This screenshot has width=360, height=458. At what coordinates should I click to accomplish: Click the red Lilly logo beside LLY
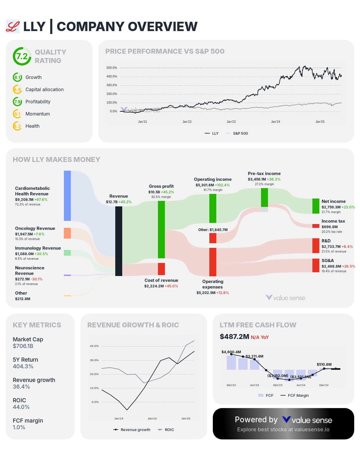click(x=13, y=26)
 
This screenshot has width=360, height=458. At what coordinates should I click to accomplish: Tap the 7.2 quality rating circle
click(x=22, y=56)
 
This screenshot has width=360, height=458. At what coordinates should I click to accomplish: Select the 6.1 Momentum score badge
click(x=17, y=114)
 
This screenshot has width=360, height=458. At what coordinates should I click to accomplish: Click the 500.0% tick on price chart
click(x=112, y=68)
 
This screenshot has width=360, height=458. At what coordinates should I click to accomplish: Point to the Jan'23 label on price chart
click(x=231, y=122)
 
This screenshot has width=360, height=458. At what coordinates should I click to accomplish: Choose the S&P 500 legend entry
click(x=240, y=134)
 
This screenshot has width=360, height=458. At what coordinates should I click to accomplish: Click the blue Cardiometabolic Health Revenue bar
click(x=67, y=196)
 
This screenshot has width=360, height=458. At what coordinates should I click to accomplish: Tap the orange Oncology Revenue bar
click(x=67, y=233)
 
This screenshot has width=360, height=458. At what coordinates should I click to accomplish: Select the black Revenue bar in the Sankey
click(x=119, y=241)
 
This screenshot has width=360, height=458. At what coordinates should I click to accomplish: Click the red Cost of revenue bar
click(x=161, y=269)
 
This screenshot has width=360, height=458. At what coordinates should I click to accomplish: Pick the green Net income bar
click(x=316, y=206)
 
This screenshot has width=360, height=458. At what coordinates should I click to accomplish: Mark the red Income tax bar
click(x=316, y=226)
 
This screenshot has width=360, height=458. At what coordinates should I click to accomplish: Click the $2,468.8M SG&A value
click(x=331, y=266)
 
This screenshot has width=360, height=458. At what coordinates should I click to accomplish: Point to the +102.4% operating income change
click(x=222, y=185)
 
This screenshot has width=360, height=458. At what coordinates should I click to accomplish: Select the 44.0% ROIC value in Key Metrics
click(x=21, y=407)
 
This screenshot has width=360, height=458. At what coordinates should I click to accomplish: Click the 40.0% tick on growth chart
click(x=94, y=346)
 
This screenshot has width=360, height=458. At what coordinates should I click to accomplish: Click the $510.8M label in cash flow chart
click(x=324, y=364)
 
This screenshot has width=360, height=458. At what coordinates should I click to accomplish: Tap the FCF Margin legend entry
click(x=298, y=395)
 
